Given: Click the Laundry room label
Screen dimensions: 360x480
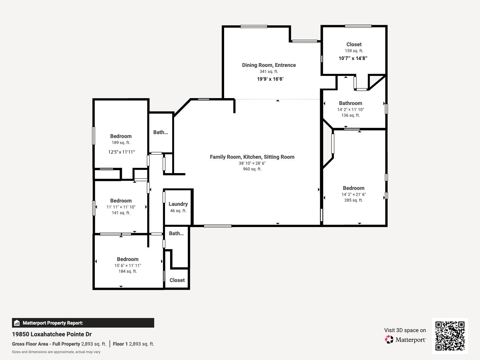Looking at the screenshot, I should coord(178,204).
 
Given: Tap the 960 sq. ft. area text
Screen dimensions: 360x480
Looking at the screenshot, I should coord(252,169).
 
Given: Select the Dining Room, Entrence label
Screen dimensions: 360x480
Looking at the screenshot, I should coord(269,65).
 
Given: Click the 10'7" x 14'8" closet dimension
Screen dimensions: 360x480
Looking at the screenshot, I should coord(353,58).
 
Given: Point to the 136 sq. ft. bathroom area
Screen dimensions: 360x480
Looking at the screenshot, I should coord(350,115).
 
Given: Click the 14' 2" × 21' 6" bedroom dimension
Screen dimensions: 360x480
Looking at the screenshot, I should coord(353,194).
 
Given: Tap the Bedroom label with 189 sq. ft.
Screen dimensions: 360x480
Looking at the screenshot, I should coord(121,136).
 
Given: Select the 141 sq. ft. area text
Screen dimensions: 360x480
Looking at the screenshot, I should coord(121,213).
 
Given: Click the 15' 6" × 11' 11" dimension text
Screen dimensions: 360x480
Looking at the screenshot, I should coord(127,265).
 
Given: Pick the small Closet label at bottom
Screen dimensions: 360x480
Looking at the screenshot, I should coord(177,280).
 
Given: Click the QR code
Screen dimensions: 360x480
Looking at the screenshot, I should coord(450,336).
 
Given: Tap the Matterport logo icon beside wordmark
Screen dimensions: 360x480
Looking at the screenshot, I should coord(389,340).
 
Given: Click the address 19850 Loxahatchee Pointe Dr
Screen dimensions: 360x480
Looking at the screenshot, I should coord(52,334).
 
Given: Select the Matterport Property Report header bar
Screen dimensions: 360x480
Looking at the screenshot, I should coord(83,323).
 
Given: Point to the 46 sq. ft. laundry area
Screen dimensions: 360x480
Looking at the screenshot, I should coord(178,211).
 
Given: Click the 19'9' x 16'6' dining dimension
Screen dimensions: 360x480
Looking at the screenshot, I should coord(270,79).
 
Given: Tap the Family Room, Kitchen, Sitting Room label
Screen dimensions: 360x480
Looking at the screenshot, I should coord(252,157).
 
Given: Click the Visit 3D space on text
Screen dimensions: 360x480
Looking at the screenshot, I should coord(405,330).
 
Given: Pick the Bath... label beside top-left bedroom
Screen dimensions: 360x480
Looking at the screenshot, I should coord(160,132).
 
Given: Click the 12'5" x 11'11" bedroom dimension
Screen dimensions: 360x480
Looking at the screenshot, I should coord(121,152).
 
